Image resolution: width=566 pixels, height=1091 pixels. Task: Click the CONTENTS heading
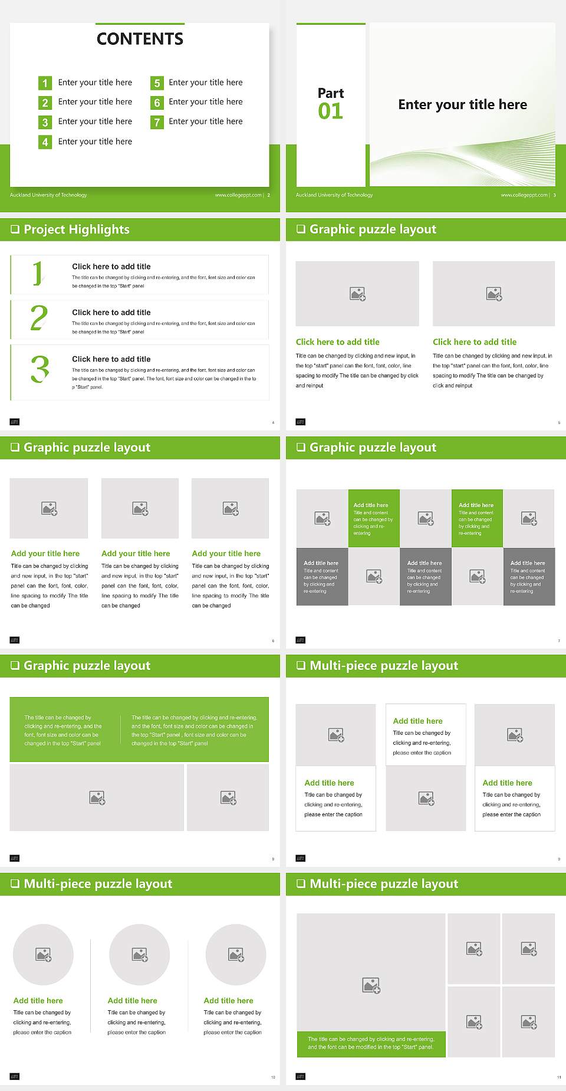pyautogui.click(x=140, y=39)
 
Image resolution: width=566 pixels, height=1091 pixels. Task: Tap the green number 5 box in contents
pyautogui.click(x=157, y=83)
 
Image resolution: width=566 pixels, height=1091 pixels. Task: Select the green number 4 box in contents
pyautogui.click(x=45, y=142)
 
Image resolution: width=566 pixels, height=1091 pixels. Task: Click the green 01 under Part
pyautogui.click(x=330, y=111)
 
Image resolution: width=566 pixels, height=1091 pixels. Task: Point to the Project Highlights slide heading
pyautogui.click(x=76, y=229)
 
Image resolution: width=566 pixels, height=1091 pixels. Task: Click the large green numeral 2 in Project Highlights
pyautogui.click(x=39, y=318)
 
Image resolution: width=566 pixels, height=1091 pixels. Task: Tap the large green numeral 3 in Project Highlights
pyautogui.click(x=40, y=370)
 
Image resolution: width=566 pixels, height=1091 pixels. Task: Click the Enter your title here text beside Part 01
pyautogui.click(x=462, y=104)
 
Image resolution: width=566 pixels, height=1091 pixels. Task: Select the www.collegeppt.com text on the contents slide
pyautogui.click(x=238, y=195)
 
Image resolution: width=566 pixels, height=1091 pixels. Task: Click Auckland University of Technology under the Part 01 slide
pyautogui.click(x=334, y=195)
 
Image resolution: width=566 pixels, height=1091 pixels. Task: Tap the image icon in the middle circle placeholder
pyautogui.click(x=140, y=954)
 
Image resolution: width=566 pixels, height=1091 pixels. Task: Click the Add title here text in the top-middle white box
pyautogui.click(x=417, y=721)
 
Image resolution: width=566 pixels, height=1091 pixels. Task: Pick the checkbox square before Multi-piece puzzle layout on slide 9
pyautogui.click(x=301, y=665)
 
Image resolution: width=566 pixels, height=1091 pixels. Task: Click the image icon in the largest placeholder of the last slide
pyautogui.click(x=371, y=985)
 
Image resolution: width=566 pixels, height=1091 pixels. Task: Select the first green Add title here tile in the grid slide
pyautogui.click(x=373, y=518)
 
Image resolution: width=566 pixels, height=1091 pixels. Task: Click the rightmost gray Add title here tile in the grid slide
pyautogui.click(x=529, y=576)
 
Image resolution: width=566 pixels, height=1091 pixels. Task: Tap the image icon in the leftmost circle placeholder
pyautogui.click(x=44, y=954)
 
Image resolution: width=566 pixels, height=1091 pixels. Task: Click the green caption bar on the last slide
pyautogui.click(x=371, y=1043)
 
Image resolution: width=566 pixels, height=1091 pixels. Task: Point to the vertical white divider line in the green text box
pyautogui.click(x=121, y=730)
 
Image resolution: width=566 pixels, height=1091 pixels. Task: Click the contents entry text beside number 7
pyautogui.click(x=205, y=121)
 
